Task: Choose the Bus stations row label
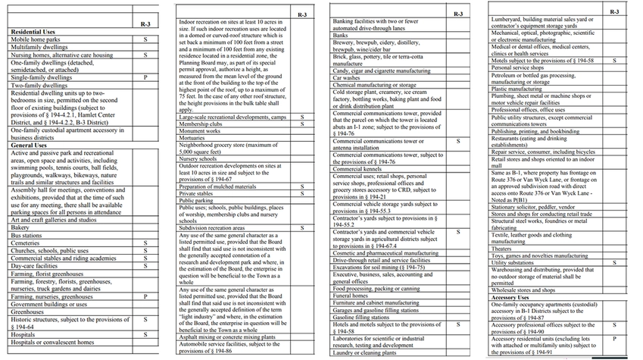pos(27,236)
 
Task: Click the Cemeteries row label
pos(27,243)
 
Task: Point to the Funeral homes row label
pos(353,295)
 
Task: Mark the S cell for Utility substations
pos(614,262)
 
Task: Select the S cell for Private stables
pos(301,193)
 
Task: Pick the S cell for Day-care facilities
pos(145,266)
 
